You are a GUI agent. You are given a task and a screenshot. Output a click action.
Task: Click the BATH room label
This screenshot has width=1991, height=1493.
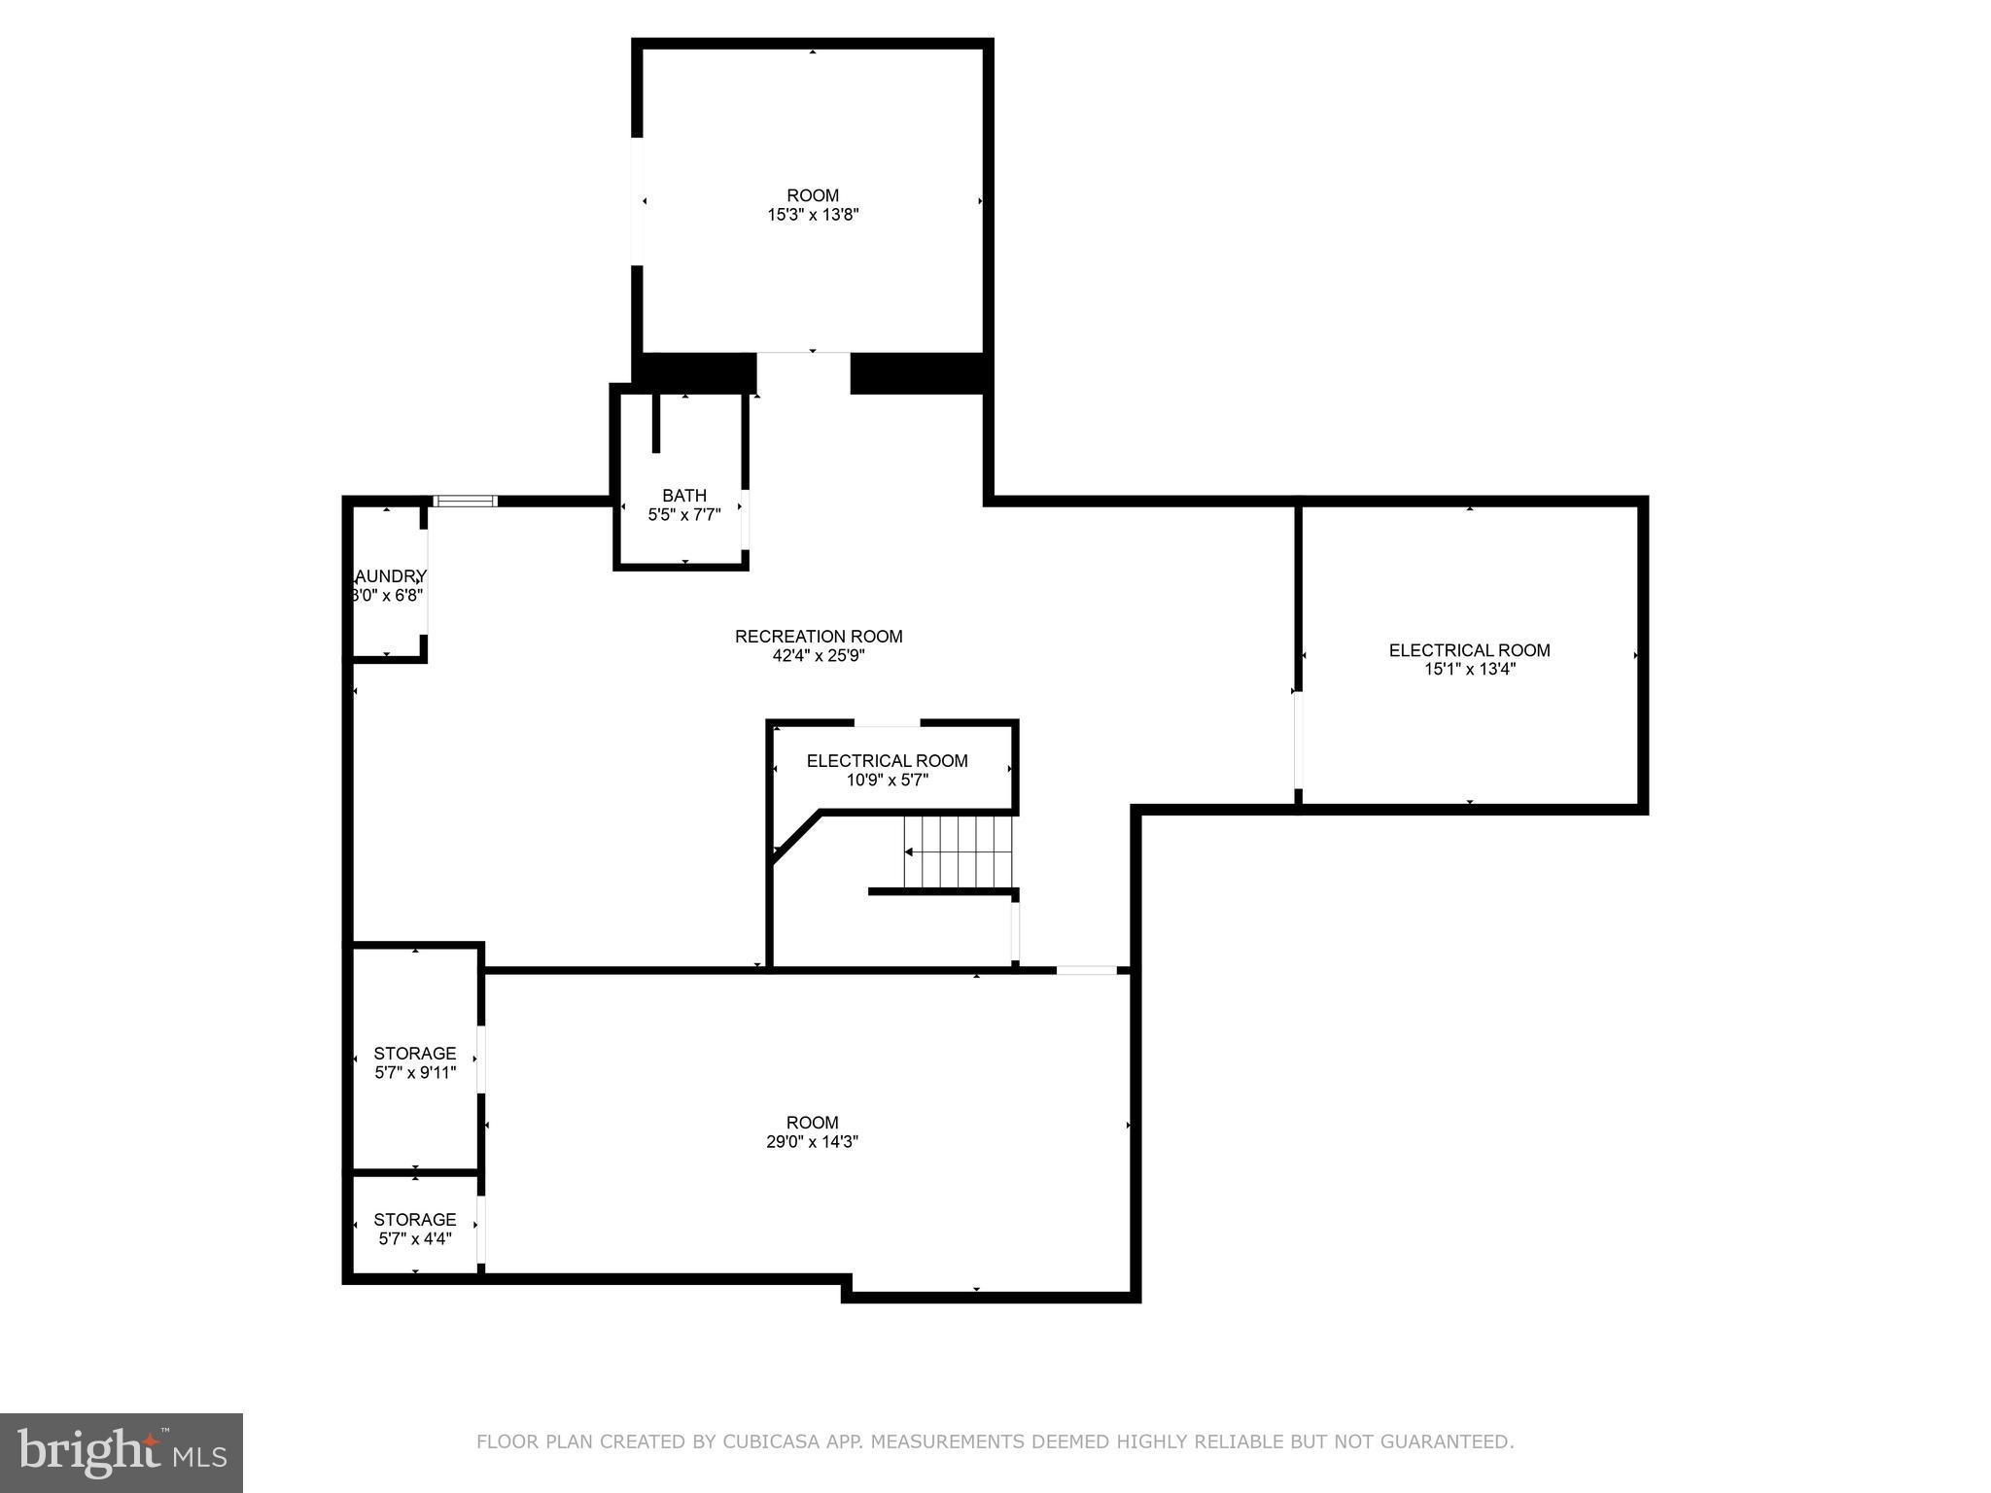683,496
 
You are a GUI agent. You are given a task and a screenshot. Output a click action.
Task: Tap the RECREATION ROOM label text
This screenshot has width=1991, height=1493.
819,637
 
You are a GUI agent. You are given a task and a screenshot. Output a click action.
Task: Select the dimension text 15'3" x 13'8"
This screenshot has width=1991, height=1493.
813,215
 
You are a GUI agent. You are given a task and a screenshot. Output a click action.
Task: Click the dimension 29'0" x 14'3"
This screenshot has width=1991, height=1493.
812,1142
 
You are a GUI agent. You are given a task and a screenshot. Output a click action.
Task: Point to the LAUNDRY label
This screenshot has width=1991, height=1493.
389,576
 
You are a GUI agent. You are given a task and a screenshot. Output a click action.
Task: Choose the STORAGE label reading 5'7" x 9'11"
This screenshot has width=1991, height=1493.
415,1054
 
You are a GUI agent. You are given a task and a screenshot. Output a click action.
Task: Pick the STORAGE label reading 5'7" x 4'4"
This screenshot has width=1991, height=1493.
415,1220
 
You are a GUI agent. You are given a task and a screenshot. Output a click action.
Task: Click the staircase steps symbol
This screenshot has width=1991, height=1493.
958,852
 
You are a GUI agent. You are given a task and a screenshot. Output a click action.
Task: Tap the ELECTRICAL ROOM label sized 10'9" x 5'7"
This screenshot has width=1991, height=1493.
887,761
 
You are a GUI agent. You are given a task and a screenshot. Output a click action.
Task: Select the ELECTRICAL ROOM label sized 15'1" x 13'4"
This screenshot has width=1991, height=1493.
1469,650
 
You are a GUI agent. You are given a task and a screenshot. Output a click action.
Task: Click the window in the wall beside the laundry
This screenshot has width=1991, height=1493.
465,502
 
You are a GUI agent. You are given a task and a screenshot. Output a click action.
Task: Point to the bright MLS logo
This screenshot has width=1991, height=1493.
122,1453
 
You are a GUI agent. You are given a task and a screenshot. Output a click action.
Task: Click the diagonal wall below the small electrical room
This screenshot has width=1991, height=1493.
796,836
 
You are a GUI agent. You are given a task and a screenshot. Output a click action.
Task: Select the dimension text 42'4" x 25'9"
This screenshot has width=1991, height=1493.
819,656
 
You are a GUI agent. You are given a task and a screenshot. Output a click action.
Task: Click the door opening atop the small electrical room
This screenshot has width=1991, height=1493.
887,723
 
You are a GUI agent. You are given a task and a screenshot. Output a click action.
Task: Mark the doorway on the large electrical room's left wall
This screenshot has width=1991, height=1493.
1298,739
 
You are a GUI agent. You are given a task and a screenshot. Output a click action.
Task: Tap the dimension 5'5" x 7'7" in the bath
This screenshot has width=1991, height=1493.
683,515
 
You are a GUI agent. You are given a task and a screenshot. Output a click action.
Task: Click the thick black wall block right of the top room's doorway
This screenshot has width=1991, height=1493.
918,373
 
